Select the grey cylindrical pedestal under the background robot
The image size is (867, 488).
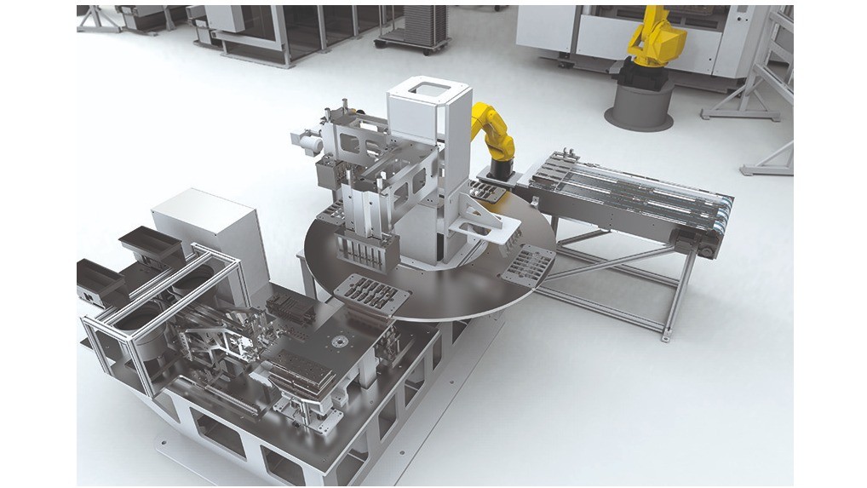pyautogui.click(x=639, y=106)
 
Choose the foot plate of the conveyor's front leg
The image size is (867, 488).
pyautogui.click(x=665, y=338)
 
